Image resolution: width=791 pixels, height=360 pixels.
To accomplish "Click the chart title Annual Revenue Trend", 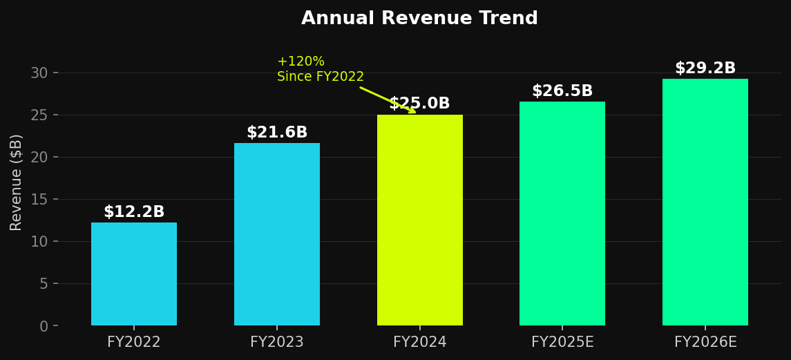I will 419,19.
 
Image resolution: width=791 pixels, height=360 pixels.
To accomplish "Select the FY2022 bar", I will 134,274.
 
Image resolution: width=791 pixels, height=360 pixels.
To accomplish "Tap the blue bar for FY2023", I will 276,234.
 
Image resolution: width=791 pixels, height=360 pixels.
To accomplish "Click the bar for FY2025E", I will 562,214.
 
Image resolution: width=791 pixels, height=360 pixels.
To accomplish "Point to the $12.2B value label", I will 134,212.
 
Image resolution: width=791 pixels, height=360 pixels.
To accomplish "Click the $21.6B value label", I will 276,133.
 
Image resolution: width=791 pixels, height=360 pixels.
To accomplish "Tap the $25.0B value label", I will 419,104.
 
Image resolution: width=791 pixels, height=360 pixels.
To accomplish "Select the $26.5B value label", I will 562,91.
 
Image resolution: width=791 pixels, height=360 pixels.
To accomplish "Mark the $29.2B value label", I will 705,68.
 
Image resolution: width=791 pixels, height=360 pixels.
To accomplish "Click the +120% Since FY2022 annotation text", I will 320,69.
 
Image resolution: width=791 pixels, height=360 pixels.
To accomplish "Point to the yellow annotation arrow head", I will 413,111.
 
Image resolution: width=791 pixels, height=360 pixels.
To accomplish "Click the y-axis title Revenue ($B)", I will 17,182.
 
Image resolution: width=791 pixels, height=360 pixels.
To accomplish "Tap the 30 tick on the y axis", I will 39,73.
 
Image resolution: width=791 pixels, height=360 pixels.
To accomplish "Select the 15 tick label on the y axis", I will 39,200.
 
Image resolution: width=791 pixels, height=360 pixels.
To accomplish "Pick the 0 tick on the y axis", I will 44,326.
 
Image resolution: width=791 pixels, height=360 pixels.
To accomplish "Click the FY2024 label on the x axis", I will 419,342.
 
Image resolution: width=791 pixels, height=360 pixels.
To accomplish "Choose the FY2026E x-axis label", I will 705,342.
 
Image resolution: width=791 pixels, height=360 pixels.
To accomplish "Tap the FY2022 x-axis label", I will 134,342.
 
